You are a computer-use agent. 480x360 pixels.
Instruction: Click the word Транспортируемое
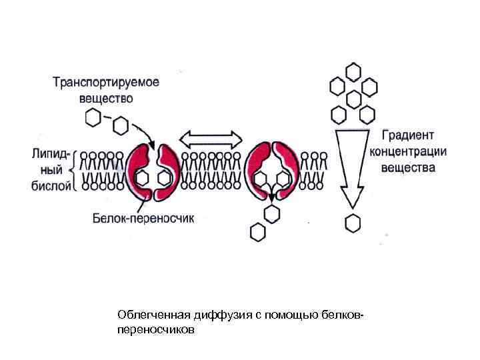point(106,83)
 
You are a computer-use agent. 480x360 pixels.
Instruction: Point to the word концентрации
point(408,151)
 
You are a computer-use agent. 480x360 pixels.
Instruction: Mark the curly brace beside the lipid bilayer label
point(75,168)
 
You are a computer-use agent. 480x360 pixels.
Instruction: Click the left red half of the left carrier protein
point(139,170)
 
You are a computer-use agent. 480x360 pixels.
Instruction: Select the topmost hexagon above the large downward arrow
point(353,71)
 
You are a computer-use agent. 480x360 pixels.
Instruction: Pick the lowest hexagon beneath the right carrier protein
point(257,231)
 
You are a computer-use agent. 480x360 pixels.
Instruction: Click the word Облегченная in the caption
point(149,314)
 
